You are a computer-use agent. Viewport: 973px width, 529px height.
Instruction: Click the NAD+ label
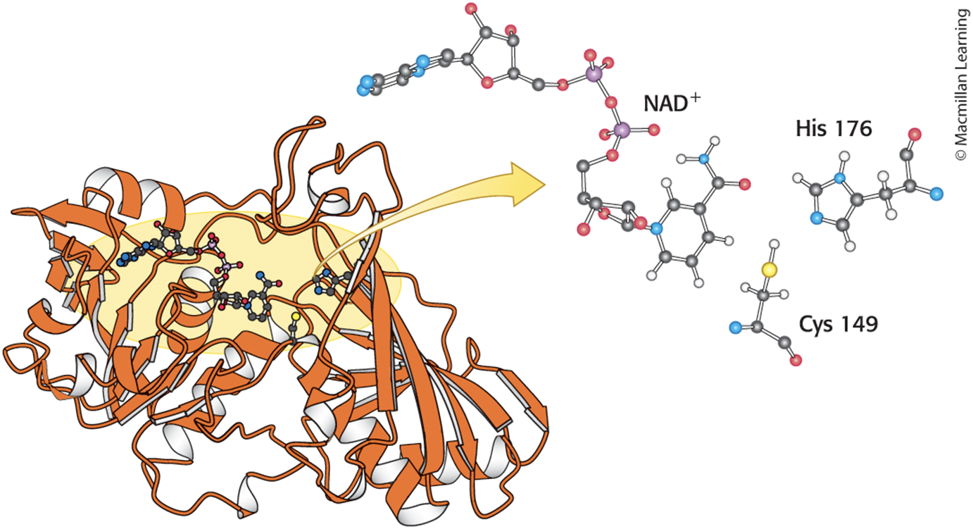pyautogui.click(x=672, y=103)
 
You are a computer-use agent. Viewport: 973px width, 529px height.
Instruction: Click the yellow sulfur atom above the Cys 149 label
pyautogui.click(x=770, y=270)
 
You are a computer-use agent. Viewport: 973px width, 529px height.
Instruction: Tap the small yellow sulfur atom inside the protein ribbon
pyautogui.click(x=296, y=316)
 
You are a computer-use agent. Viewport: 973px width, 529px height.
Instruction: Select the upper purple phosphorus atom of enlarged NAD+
pyautogui.click(x=594, y=73)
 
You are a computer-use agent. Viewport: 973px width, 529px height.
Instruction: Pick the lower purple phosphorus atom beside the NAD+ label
pyautogui.click(x=622, y=130)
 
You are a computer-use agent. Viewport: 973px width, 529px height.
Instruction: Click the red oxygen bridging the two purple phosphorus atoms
pyautogui.click(x=611, y=103)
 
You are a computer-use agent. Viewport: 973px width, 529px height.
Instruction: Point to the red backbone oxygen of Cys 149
pyautogui.click(x=796, y=361)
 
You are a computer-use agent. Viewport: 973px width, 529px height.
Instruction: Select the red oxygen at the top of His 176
pyautogui.click(x=915, y=135)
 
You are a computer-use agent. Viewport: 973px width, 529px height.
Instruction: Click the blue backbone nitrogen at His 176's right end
pyautogui.click(x=936, y=194)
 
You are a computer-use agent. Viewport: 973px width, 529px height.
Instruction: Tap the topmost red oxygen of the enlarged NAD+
pyautogui.click(x=471, y=8)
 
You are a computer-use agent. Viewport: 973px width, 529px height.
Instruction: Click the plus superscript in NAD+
pyautogui.click(x=695, y=97)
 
